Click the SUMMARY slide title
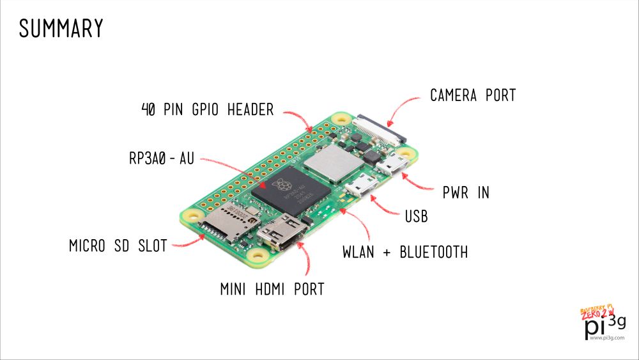point(61,29)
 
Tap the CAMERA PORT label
point(473,96)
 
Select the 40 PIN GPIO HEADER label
point(207,110)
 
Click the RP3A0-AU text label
point(161,159)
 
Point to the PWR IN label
point(466,192)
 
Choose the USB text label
point(416,217)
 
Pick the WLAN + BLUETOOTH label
point(405,252)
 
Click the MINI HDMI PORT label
point(272,289)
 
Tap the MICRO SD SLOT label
point(118,246)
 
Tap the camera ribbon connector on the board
point(381,127)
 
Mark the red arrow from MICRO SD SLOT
point(189,241)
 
